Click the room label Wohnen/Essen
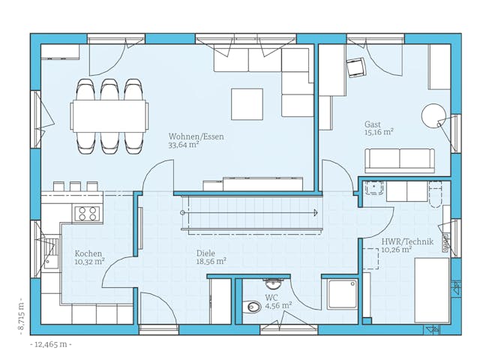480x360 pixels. coord(196,136)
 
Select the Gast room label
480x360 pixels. coord(373,124)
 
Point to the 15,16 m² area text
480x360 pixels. coord(379,132)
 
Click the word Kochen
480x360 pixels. coord(86,253)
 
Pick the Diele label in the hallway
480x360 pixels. coord(205,253)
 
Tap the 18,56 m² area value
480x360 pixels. coord(211,262)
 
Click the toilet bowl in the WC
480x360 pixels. coord(253,306)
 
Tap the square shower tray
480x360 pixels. coord(342,294)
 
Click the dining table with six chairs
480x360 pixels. coord(109,116)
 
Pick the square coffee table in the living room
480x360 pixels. coord(247,104)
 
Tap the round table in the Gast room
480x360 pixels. coord(433,115)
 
